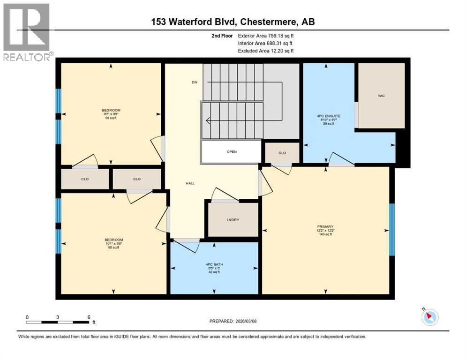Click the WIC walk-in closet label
tap(381, 96)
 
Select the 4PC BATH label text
tap(215, 264)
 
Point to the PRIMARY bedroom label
tap(324, 227)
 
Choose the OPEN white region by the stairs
tap(231, 152)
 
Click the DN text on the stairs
tap(195, 82)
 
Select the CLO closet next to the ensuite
tap(282, 153)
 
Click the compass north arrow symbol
tap(429, 317)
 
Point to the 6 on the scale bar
tap(89, 317)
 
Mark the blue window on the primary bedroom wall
tap(392, 230)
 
